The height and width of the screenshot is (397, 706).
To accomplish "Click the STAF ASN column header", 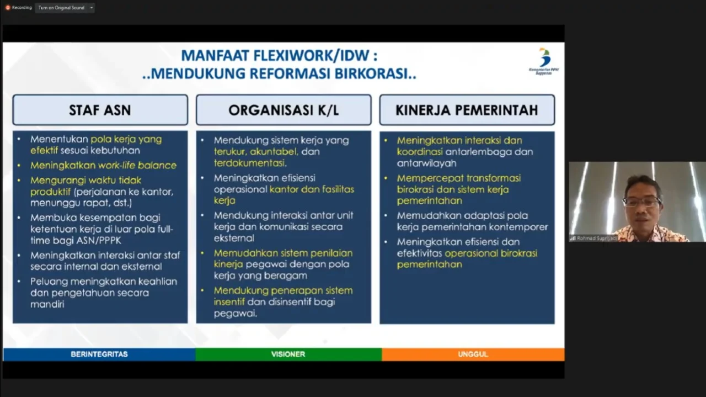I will pyautogui.click(x=100, y=110).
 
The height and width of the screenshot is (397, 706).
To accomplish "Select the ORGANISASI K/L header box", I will pyautogui.click(x=284, y=110).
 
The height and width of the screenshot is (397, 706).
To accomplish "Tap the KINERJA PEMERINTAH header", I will pyautogui.click(x=467, y=110).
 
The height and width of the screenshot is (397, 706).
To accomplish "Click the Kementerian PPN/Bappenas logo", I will pyautogui.click(x=544, y=61).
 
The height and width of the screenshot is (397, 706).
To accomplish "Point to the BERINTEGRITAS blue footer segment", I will pyautogui.click(x=99, y=354).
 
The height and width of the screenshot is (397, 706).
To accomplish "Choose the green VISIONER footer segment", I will pyautogui.click(x=288, y=354).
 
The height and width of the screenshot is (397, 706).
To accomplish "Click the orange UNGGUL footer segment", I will pyautogui.click(x=473, y=354).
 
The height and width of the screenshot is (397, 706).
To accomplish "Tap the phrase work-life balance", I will pyautogui.click(x=137, y=165).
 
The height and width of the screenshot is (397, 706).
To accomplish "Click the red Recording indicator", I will pyautogui.click(x=8, y=8).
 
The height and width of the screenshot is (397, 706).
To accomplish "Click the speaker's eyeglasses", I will pyautogui.click(x=641, y=202).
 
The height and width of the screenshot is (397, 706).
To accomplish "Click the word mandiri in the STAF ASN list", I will pyautogui.click(x=47, y=304).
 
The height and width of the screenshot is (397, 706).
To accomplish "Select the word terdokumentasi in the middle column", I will pyautogui.click(x=250, y=163).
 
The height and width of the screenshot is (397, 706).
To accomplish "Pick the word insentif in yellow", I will pyautogui.click(x=229, y=302).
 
